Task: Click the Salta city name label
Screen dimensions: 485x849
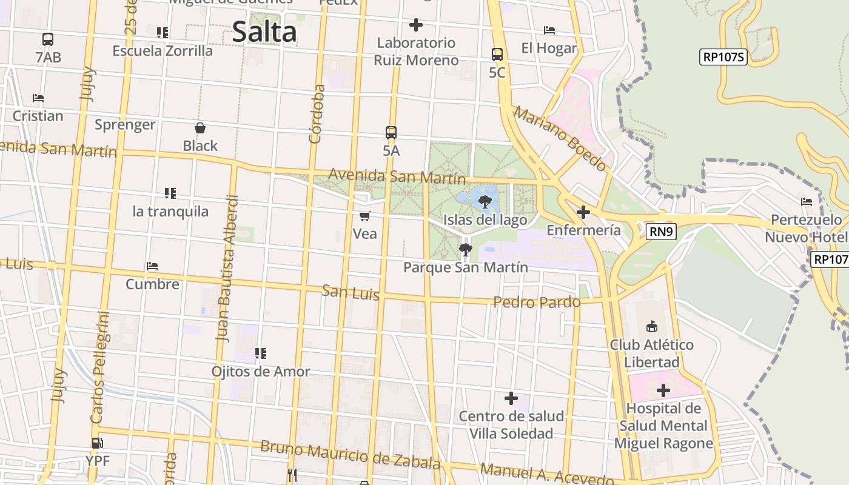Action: click(264, 32)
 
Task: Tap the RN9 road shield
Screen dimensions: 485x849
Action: click(660, 231)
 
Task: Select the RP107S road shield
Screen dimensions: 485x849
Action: click(723, 57)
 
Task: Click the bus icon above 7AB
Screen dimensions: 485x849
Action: click(48, 39)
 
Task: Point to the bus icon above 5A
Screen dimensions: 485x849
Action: click(391, 132)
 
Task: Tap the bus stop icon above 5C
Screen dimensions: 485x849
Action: click(497, 54)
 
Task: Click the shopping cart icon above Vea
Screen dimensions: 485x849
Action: click(364, 216)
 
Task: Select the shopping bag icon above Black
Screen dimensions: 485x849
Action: click(200, 128)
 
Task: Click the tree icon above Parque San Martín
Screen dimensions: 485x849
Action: click(465, 249)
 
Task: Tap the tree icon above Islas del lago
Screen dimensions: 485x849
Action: click(485, 201)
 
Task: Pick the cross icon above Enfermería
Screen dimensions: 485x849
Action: click(583, 212)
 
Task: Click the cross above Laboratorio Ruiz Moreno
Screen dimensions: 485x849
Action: click(415, 25)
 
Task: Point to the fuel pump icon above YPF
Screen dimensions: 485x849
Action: click(97, 443)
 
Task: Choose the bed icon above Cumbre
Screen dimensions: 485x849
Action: click(152, 266)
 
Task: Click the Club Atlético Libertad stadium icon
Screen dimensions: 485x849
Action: click(652, 327)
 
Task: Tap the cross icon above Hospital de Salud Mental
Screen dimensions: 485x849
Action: click(663, 390)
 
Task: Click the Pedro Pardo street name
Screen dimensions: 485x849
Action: click(537, 302)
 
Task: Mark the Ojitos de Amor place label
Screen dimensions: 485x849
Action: click(261, 371)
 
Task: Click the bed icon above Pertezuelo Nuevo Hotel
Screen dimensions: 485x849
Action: click(807, 202)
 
